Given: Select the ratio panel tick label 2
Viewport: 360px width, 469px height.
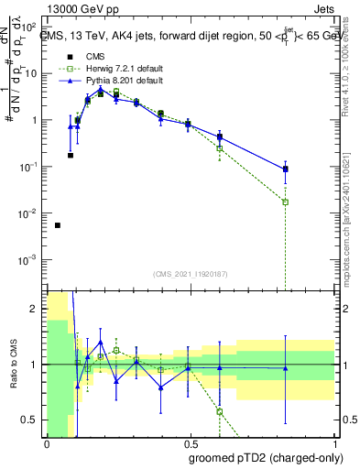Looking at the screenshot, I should pos(35,309).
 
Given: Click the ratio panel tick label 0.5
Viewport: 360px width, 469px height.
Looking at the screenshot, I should pos(31,420).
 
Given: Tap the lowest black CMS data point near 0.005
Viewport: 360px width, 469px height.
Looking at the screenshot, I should pos(58,224).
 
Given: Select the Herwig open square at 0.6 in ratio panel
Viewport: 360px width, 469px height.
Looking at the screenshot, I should pos(220,411).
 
